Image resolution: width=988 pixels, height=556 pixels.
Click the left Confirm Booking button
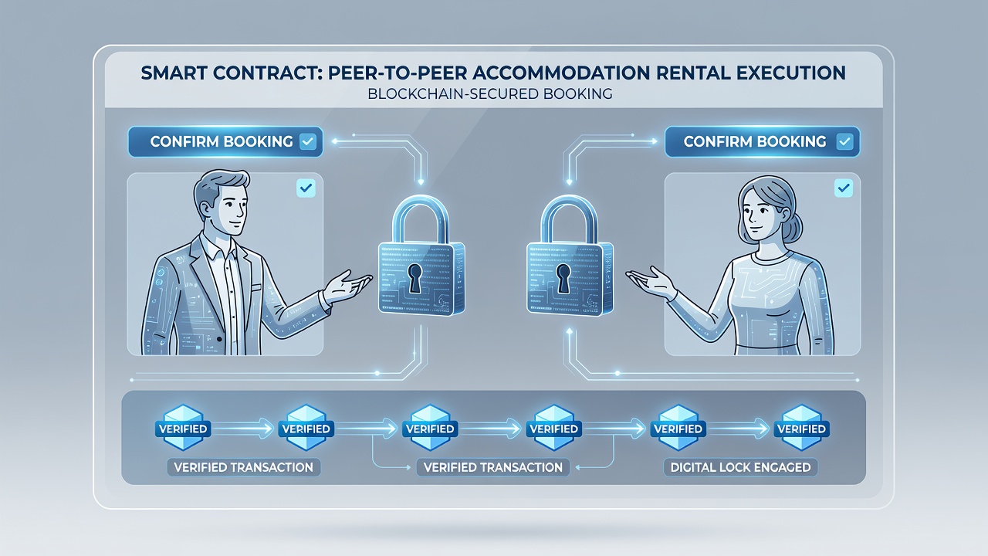point(225,141)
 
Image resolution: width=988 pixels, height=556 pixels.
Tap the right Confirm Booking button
point(762,141)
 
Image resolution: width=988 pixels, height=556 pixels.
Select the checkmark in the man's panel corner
point(306,188)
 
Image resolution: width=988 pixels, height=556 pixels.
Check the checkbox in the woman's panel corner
point(844,188)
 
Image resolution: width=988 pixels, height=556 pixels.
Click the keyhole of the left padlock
point(414,278)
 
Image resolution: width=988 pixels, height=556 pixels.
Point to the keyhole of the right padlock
point(563,278)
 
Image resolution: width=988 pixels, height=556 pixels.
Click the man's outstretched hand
point(348,286)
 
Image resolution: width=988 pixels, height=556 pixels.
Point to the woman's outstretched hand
point(651,282)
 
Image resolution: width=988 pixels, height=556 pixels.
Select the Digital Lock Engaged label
point(740,467)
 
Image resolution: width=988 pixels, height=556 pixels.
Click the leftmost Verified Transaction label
point(243,467)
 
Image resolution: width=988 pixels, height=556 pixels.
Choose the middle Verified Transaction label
point(493,467)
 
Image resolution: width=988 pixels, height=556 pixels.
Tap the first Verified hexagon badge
point(183,428)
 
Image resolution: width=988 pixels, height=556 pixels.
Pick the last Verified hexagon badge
point(801,428)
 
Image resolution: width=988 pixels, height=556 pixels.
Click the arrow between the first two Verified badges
point(242,429)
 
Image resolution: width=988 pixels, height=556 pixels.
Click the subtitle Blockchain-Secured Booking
point(489,94)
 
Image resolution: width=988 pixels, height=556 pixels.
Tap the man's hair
point(221,186)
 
